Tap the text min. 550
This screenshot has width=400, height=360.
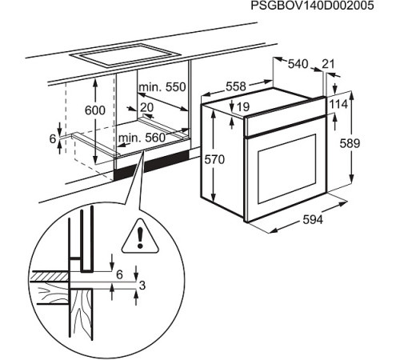pos(162,86)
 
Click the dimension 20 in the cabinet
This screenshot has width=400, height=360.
pos(147,106)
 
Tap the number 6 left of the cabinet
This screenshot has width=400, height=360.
pos(53,138)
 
